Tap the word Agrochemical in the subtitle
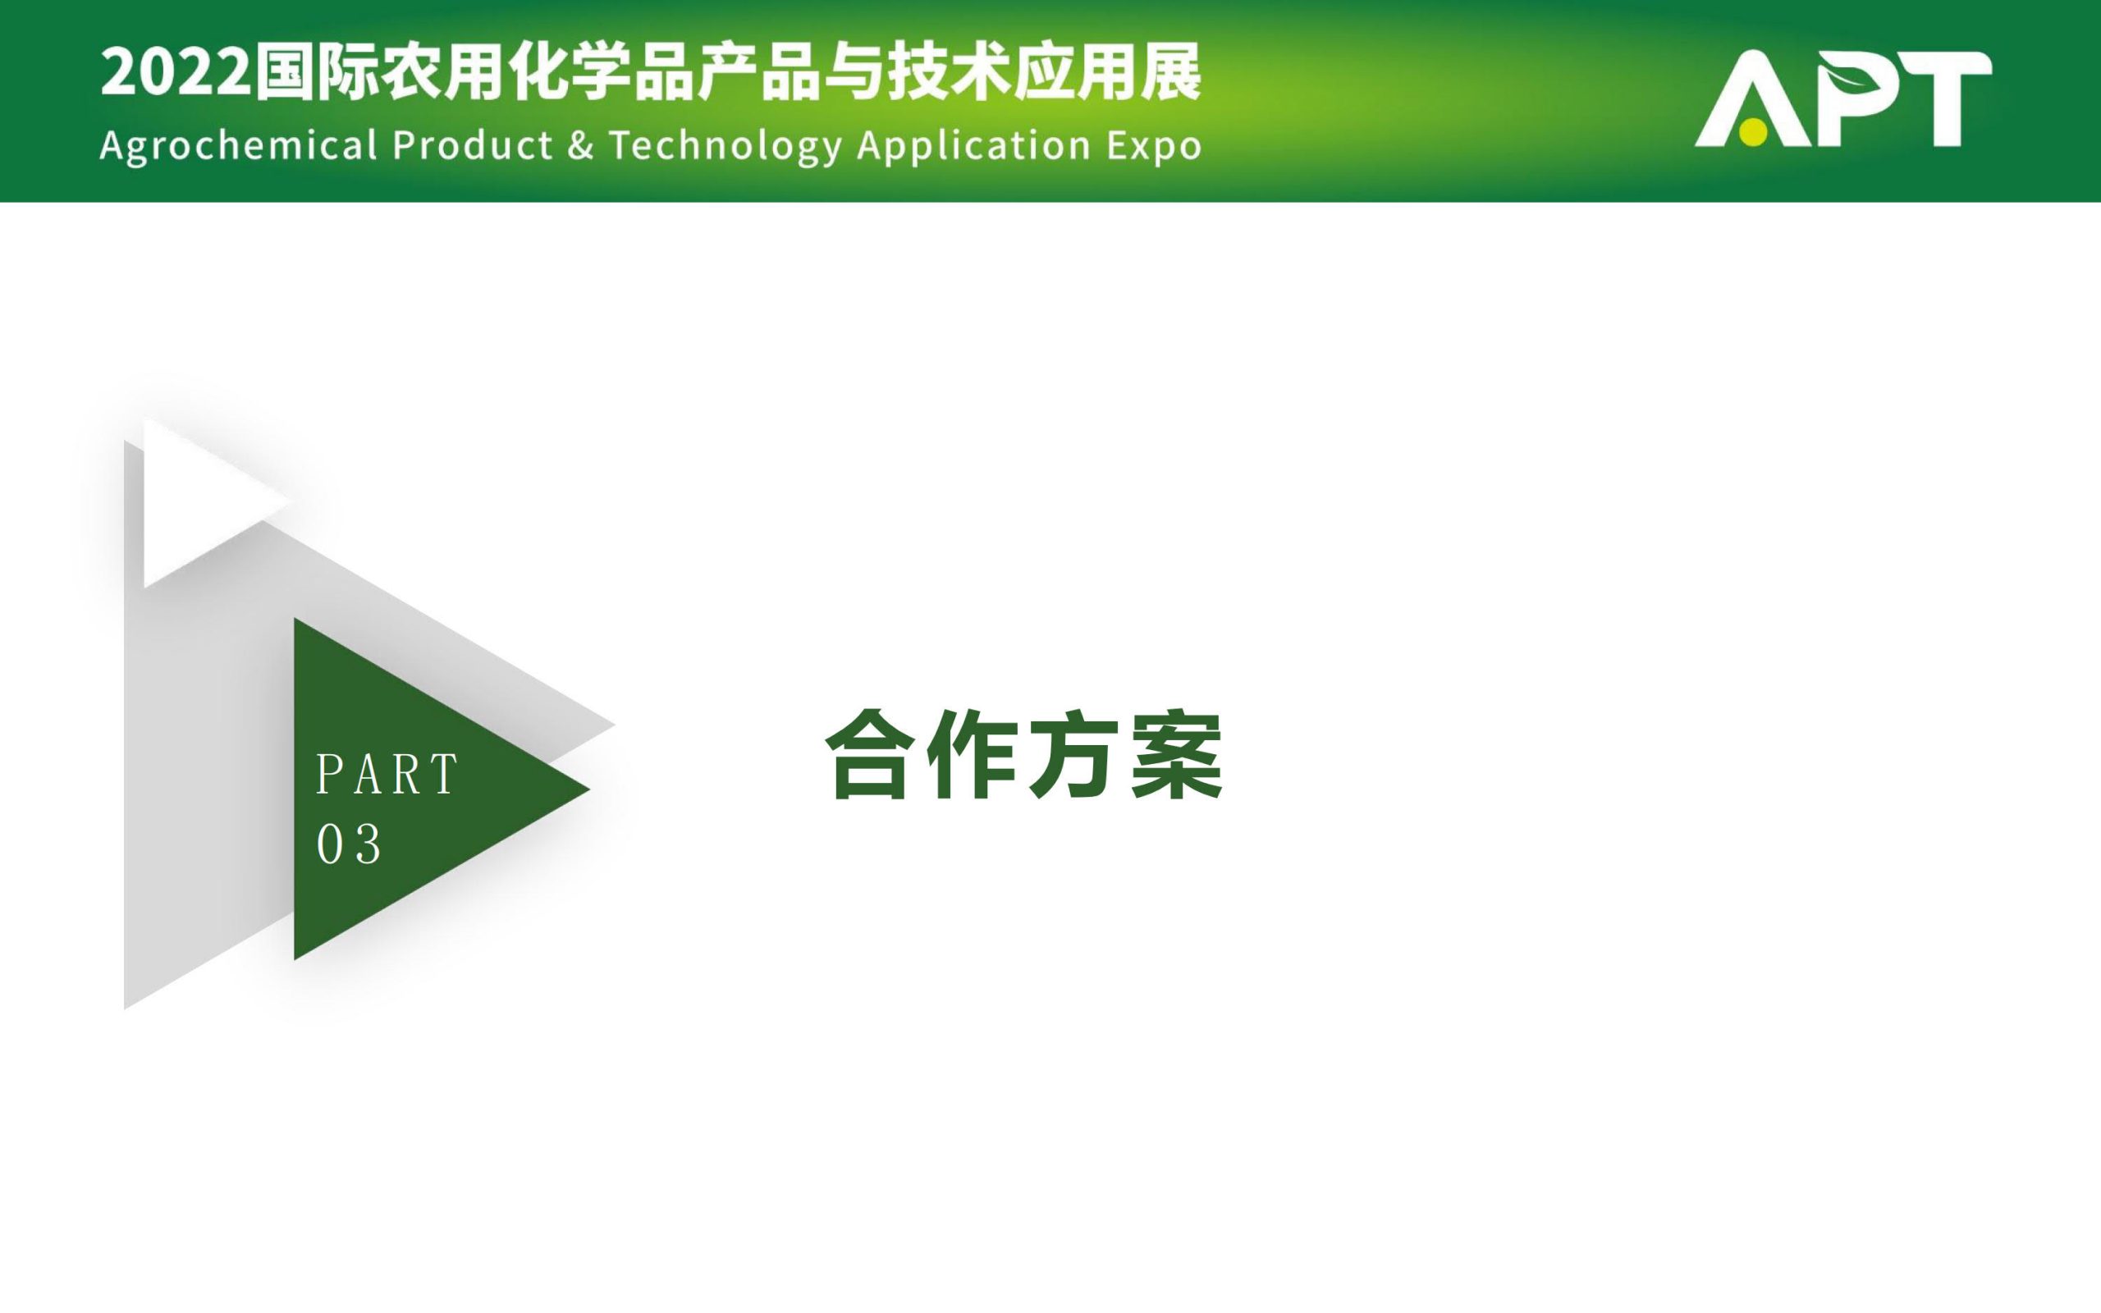(239, 146)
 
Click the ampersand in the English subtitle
(580, 145)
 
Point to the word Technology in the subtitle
(726, 147)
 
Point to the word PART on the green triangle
(387, 774)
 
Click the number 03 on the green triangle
(349, 844)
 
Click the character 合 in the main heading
(871, 754)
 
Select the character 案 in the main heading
(1176, 754)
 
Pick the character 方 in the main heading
(1074, 754)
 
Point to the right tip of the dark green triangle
(589, 789)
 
